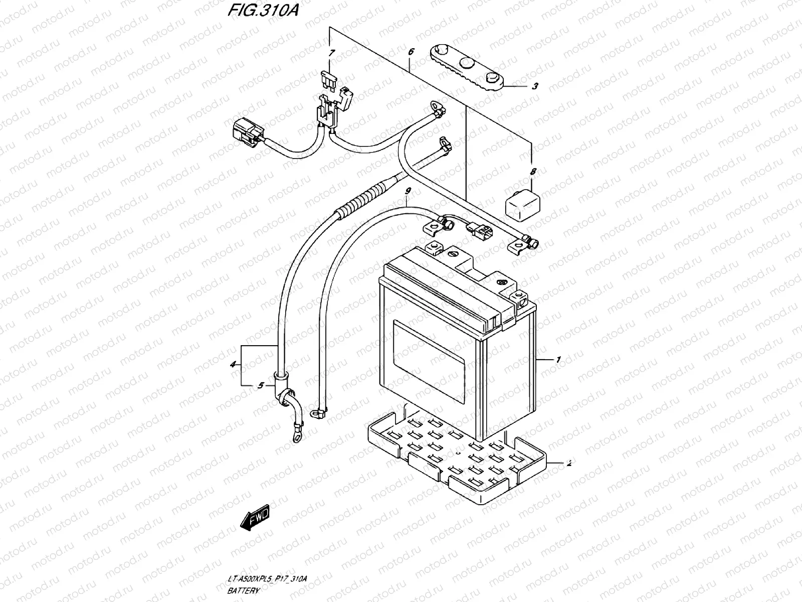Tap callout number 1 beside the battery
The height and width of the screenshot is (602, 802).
click(x=557, y=360)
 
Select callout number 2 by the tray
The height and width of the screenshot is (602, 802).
click(x=569, y=464)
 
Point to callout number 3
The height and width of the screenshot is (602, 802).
click(x=535, y=86)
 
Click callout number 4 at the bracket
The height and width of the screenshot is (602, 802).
click(x=233, y=365)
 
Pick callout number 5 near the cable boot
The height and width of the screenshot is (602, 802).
click(x=260, y=385)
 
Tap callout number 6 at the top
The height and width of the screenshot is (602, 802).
click(x=411, y=52)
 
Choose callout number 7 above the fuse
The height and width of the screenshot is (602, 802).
click(x=331, y=53)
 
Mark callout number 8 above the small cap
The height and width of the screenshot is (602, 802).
click(x=533, y=172)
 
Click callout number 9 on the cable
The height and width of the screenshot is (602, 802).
click(x=408, y=191)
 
